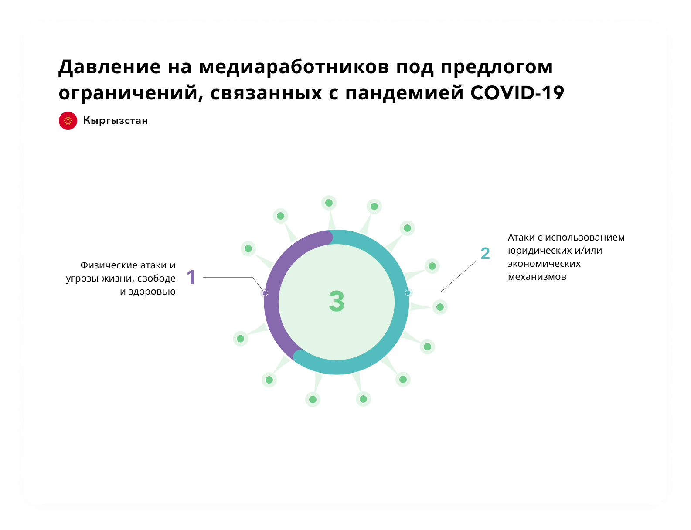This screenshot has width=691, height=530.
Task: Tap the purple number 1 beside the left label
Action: [x=191, y=277]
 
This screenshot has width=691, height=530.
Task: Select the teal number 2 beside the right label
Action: [x=485, y=253]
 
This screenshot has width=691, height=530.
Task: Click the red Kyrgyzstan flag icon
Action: [x=68, y=121]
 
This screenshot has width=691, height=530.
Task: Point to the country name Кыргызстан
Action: [x=116, y=121]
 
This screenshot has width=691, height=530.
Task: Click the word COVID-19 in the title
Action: [x=517, y=93]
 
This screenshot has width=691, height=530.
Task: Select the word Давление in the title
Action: [x=109, y=67]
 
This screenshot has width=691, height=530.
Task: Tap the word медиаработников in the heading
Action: [x=294, y=67]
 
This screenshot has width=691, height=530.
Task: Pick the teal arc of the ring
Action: [x=402, y=302]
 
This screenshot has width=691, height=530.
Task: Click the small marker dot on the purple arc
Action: [x=265, y=293]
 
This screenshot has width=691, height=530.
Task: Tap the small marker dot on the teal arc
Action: [x=408, y=292]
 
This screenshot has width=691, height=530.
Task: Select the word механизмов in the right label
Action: [x=537, y=277]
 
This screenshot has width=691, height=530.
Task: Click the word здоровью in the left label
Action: [x=152, y=292]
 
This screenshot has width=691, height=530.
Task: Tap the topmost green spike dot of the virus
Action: [x=329, y=203]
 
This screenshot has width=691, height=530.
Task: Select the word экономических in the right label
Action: [x=544, y=264]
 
